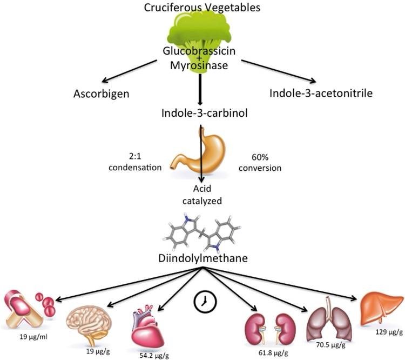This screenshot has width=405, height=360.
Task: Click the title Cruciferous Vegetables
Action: click(x=202, y=8)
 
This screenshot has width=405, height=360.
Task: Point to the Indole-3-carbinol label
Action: click(x=201, y=114)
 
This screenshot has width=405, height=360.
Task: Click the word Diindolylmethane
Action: click(x=201, y=259)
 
